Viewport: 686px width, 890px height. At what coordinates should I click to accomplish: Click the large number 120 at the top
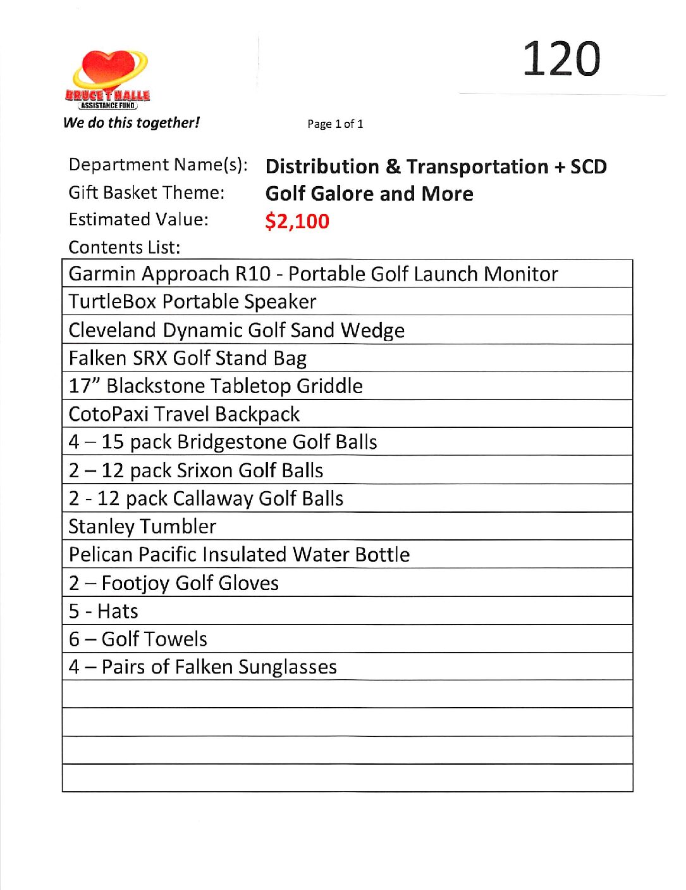click(x=561, y=59)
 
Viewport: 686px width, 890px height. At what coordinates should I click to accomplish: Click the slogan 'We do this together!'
click(x=132, y=123)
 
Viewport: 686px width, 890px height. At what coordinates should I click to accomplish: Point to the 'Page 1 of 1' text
click(x=335, y=124)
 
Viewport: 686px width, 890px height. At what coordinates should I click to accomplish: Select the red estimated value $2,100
click(x=297, y=221)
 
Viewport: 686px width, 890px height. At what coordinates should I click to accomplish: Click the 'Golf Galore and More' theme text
click(x=369, y=194)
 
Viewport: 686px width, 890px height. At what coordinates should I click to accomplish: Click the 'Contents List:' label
click(x=125, y=247)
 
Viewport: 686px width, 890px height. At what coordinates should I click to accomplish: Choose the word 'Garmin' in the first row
click(x=102, y=274)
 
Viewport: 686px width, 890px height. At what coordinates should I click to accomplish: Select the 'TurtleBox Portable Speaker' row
click(x=192, y=302)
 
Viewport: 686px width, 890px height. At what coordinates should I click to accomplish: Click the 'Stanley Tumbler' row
click(x=142, y=527)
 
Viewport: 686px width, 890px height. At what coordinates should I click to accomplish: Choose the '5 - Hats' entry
click(x=104, y=611)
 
